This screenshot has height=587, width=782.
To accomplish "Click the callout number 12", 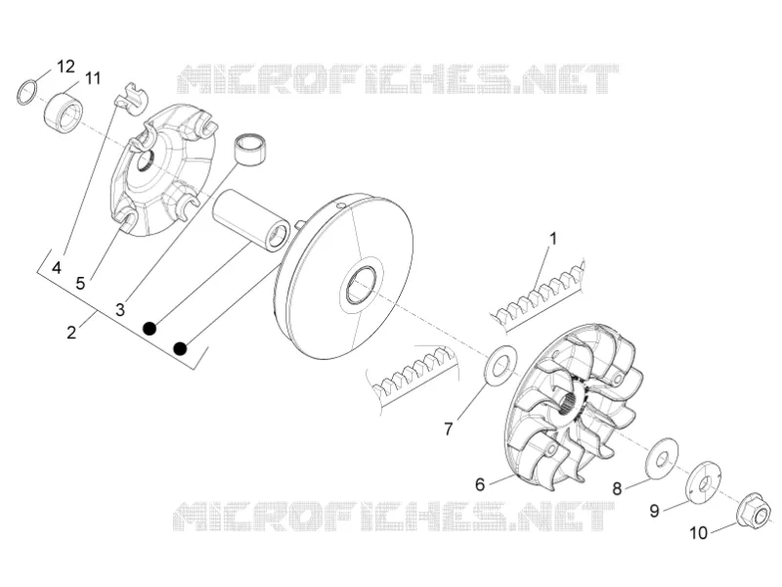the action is [x=65, y=67].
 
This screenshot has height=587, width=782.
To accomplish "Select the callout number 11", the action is [x=92, y=78].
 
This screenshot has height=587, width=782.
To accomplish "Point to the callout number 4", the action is [x=57, y=267].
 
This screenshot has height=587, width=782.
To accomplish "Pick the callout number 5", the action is [x=81, y=284].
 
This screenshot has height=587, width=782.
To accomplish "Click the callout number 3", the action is [x=120, y=309].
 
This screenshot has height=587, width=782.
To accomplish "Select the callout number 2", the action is [x=71, y=333].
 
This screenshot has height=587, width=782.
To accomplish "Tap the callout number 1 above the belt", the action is [x=552, y=239].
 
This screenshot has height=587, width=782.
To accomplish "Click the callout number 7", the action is [x=449, y=429].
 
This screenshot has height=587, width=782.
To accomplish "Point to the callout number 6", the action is [x=480, y=484].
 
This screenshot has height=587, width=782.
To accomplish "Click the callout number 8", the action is [x=617, y=488].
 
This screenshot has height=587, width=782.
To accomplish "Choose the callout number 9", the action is [x=654, y=511].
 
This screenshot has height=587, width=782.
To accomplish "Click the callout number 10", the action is [x=699, y=533].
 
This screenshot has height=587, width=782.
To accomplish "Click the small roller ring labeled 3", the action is [x=251, y=149].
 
